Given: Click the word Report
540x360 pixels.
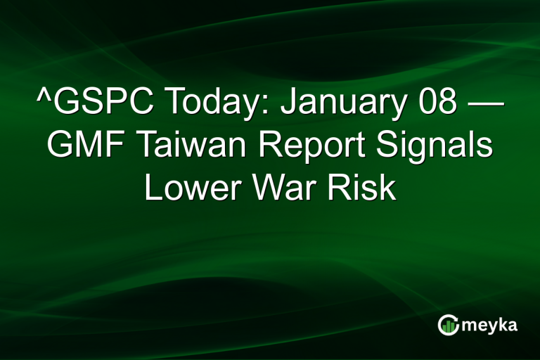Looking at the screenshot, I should coord(309,148).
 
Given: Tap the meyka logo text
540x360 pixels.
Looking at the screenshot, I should coord(491,326).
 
